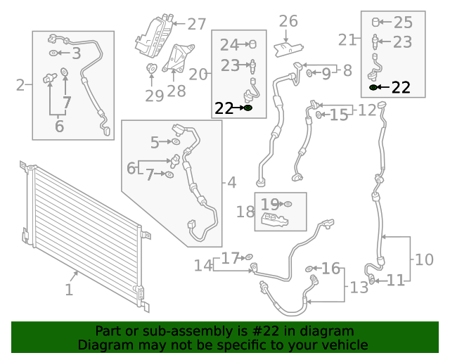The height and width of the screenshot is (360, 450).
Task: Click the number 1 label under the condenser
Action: pyautogui.click(x=69, y=290)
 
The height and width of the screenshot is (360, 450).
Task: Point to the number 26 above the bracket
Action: pyautogui.click(x=288, y=21)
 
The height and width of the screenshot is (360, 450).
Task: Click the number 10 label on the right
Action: pyautogui.click(x=424, y=259)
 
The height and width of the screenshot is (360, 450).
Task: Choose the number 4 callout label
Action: pyautogui.click(x=232, y=183)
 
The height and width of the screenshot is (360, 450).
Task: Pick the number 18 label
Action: pyautogui.click(x=245, y=212)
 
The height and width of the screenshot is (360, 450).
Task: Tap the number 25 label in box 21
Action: pyautogui.click(x=403, y=22)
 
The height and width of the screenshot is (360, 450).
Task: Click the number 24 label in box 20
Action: pyautogui.click(x=229, y=45)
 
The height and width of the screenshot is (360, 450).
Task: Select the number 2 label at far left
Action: pyautogui.click(x=20, y=86)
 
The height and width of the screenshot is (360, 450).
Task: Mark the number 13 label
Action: pyautogui.click(x=359, y=287)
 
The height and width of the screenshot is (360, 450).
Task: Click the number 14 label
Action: pyautogui.click(x=203, y=266)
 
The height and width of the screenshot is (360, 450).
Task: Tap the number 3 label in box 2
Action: pyautogui.click(x=76, y=53)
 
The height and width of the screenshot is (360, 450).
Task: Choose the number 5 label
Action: pyautogui.click(x=155, y=143)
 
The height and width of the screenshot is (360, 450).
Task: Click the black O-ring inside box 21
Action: pyautogui.click(x=373, y=88)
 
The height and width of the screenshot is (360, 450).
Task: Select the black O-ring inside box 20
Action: pyautogui.click(x=247, y=108)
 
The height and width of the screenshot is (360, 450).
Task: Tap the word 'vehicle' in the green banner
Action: pyautogui.click(x=345, y=345)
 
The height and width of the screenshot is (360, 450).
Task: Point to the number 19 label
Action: pyautogui.click(x=270, y=205)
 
